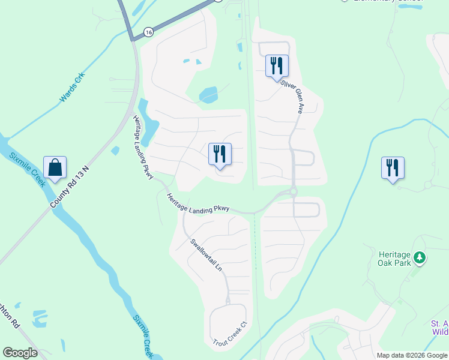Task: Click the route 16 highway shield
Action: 148,31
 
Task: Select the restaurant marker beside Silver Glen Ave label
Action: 277,65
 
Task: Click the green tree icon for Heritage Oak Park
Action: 420,258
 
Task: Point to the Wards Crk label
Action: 73,88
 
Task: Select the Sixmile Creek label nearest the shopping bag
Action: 26,170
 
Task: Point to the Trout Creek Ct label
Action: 230,334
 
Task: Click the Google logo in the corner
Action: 20,353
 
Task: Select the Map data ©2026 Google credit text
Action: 411,355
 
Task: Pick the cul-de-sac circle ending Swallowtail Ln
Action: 228,299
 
